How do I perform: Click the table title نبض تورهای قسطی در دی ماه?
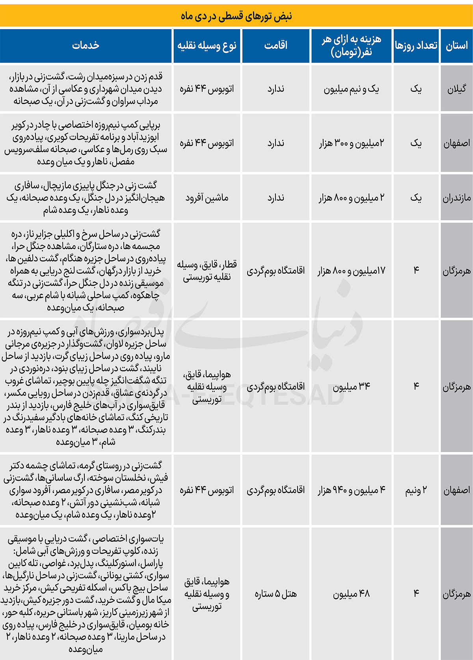[236, 16]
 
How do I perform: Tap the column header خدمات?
[86, 46]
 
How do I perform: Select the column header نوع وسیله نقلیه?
[207, 46]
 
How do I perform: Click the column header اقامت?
[276, 46]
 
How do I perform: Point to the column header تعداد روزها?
[416, 46]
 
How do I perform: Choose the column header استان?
[456, 46]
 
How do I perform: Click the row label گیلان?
[456, 89]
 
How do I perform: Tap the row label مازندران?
[456, 198]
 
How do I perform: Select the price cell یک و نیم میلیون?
[351, 89]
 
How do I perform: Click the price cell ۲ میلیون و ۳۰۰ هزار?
[351, 144]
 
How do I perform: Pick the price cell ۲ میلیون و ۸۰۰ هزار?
[351, 198]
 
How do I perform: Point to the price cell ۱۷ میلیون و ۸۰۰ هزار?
[351, 271]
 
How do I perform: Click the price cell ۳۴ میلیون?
[351, 386]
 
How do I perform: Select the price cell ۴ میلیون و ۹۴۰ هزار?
[351, 490]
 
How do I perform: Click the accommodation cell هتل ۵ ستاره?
[276, 594]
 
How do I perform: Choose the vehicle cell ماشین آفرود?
[207, 198]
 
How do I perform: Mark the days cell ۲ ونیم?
[416, 490]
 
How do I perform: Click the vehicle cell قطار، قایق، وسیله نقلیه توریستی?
[207, 271]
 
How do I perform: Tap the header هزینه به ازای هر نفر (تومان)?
[351, 46]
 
